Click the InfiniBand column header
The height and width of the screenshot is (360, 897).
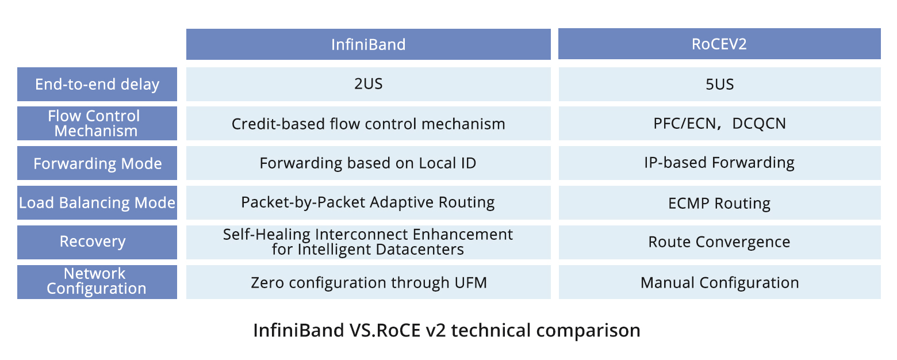(x=369, y=44)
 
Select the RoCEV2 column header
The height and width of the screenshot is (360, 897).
(x=719, y=44)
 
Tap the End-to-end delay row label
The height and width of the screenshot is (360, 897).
(x=97, y=84)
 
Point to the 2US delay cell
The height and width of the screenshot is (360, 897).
(x=369, y=84)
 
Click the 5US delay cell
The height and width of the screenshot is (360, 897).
(x=719, y=84)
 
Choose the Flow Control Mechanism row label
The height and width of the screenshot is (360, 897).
(x=97, y=123)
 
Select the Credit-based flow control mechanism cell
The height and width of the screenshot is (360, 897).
(x=369, y=123)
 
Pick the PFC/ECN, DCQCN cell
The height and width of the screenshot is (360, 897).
(x=719, y=123)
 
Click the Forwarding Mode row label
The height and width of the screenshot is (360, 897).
(x=97, y=163)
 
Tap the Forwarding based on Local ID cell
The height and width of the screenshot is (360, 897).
(x=369, y=163)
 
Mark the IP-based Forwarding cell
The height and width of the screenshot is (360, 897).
(x=719, y=163)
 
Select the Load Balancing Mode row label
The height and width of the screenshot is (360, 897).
(x=97, y=202)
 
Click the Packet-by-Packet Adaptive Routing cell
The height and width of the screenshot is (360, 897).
(x=369, y=202)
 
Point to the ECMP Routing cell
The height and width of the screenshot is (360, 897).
(x=719, y=202)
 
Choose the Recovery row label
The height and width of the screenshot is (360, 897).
(x=97, y=242)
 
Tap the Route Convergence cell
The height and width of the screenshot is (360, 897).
(x=719, y=242)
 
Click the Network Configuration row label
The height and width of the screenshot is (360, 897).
(x=97, y=282)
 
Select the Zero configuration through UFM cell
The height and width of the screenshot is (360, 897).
(x=369, y=282)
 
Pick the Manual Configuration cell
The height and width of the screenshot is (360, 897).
(x=719, y=282)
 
